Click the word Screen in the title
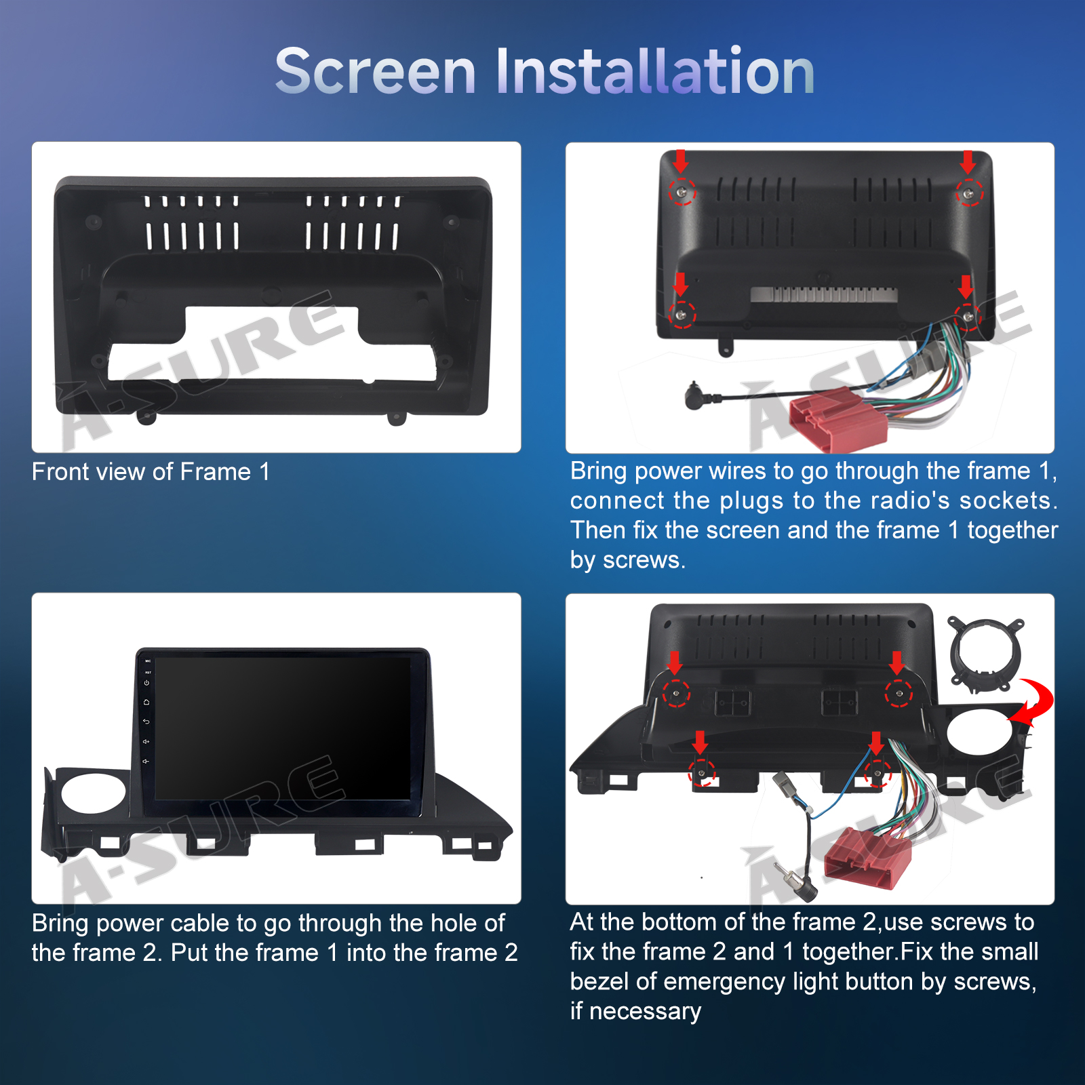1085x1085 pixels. (x=376, y=71)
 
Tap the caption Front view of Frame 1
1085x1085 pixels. (x=151, y=471)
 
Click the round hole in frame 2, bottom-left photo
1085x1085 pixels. (x=94, y=793)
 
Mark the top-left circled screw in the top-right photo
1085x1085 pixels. (x=682, y=192)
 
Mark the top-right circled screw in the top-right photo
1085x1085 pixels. (x=969, y=193)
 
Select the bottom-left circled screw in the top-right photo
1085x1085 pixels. (x=682, y=315)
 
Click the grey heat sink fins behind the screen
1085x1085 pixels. (x=824, y=294)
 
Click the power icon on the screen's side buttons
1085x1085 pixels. (x=146, y=683)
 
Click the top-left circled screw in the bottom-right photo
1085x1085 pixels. (x=675, y=693)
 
